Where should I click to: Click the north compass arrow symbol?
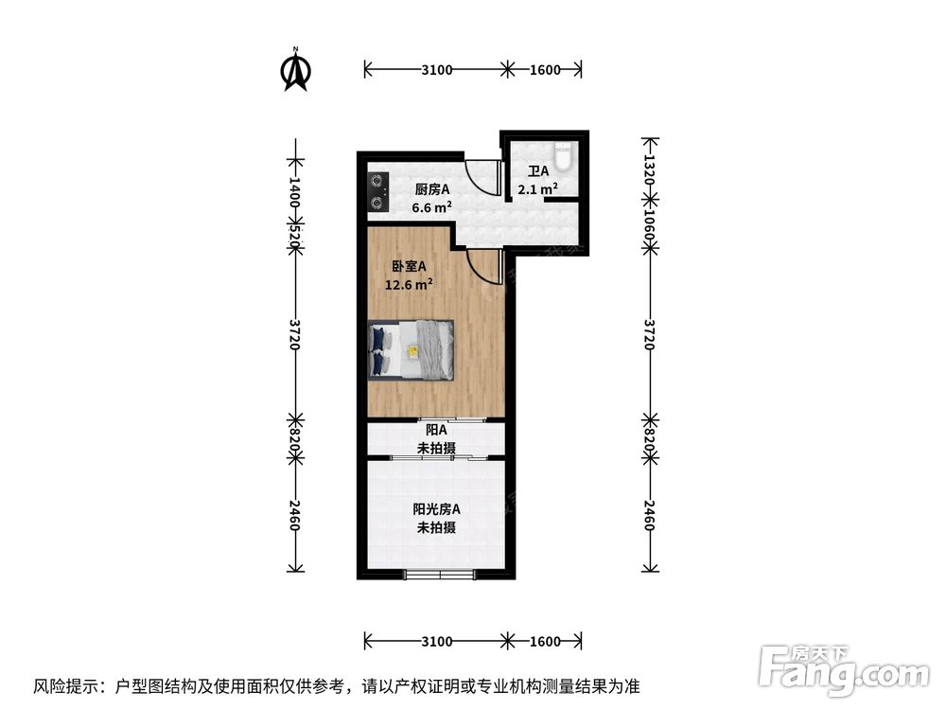(x=297, y=70)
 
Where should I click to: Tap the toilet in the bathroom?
(x=565, y=155)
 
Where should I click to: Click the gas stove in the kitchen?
(x=378, y=188)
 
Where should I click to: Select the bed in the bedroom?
(x=411, y=349)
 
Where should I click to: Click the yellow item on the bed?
(x=413, y=351)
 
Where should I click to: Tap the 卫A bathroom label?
(x=538, y=171)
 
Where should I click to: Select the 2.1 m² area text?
(x=537, y=188)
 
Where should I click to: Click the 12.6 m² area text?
(x=409, y=282)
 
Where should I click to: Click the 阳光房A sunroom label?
(x=436, y=509)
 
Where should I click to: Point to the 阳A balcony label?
(x=436, y=430)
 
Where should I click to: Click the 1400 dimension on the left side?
(x=294, y=190)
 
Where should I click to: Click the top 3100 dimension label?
(x=436, y=69)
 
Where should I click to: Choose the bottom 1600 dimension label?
(x=544, y=641)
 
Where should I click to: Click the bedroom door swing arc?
(x=484, y=268)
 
